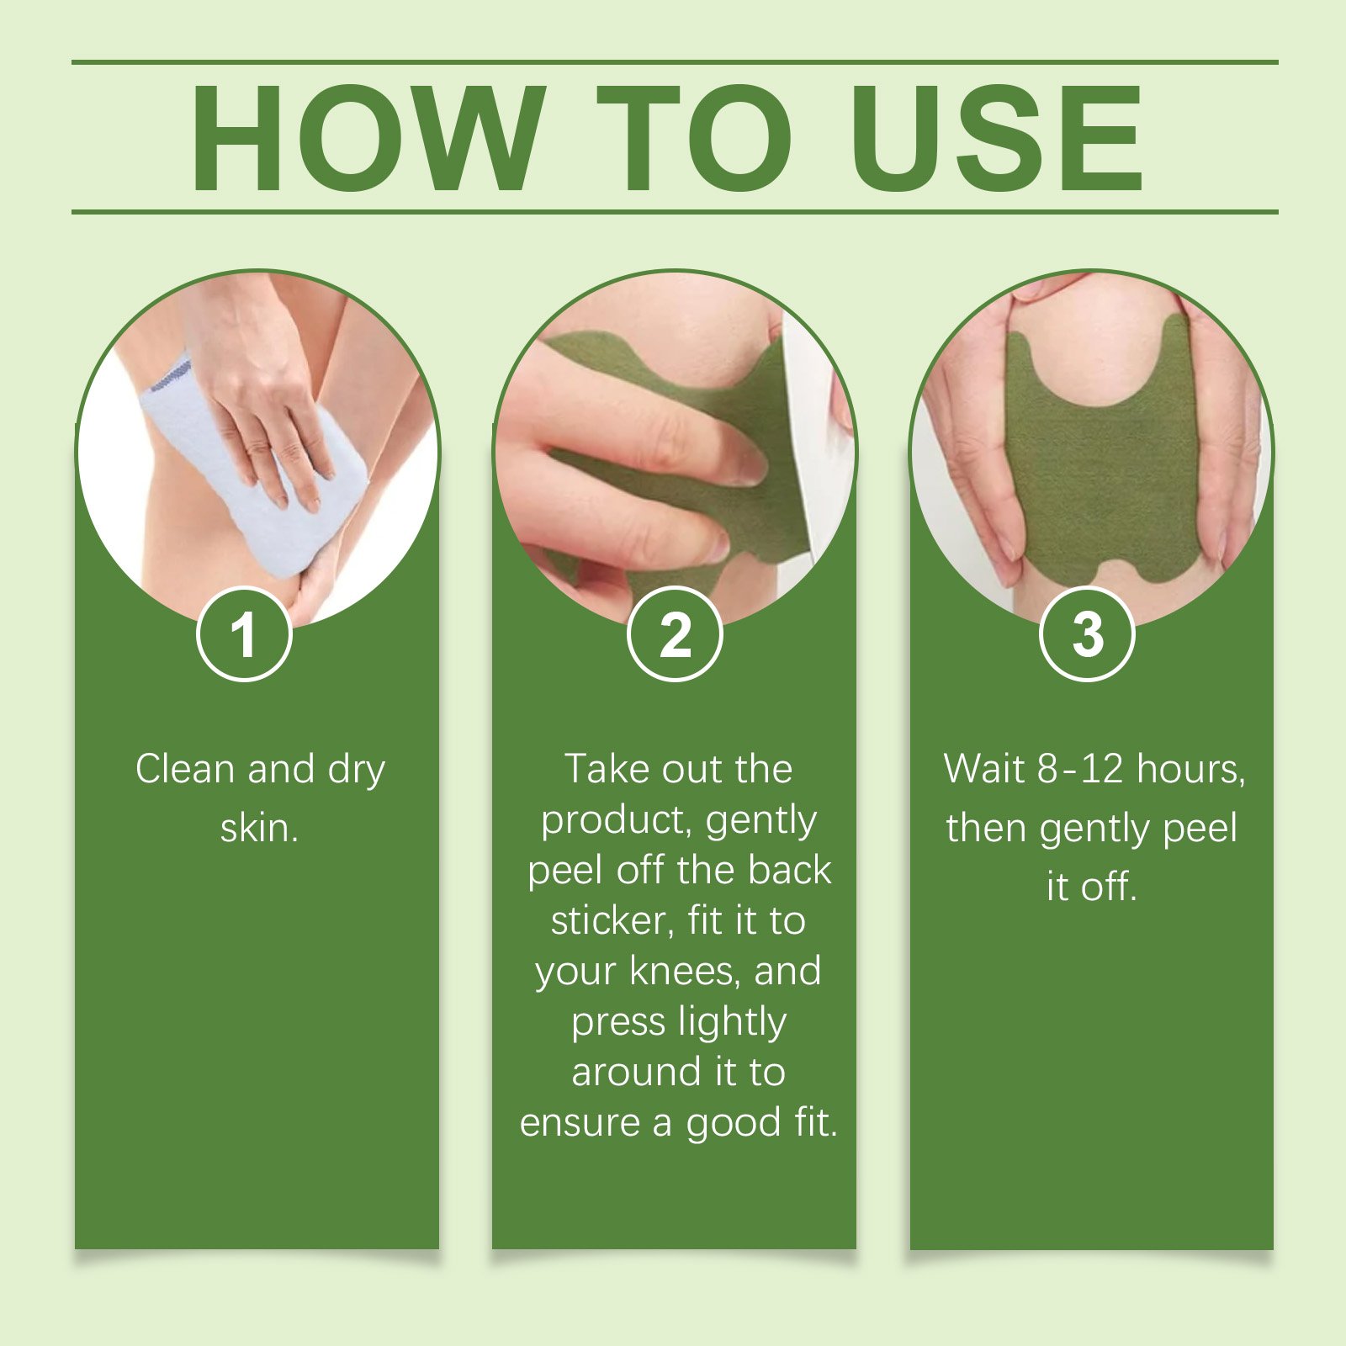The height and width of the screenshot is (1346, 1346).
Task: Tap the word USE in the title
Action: [x=997, y=138]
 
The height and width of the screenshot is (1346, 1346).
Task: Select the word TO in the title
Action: [x=694, y=138]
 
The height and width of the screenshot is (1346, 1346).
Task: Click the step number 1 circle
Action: [x=244, y=633]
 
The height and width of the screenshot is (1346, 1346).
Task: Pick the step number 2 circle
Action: [x=675, y=633]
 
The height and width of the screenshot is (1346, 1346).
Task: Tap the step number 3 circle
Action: [x=1088, y=633]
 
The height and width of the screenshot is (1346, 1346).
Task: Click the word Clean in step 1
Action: [x=185, y=769]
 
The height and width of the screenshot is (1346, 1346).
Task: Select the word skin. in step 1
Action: [x=259, y=828]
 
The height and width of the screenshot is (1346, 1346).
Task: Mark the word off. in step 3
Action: [x=1109, y=887]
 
